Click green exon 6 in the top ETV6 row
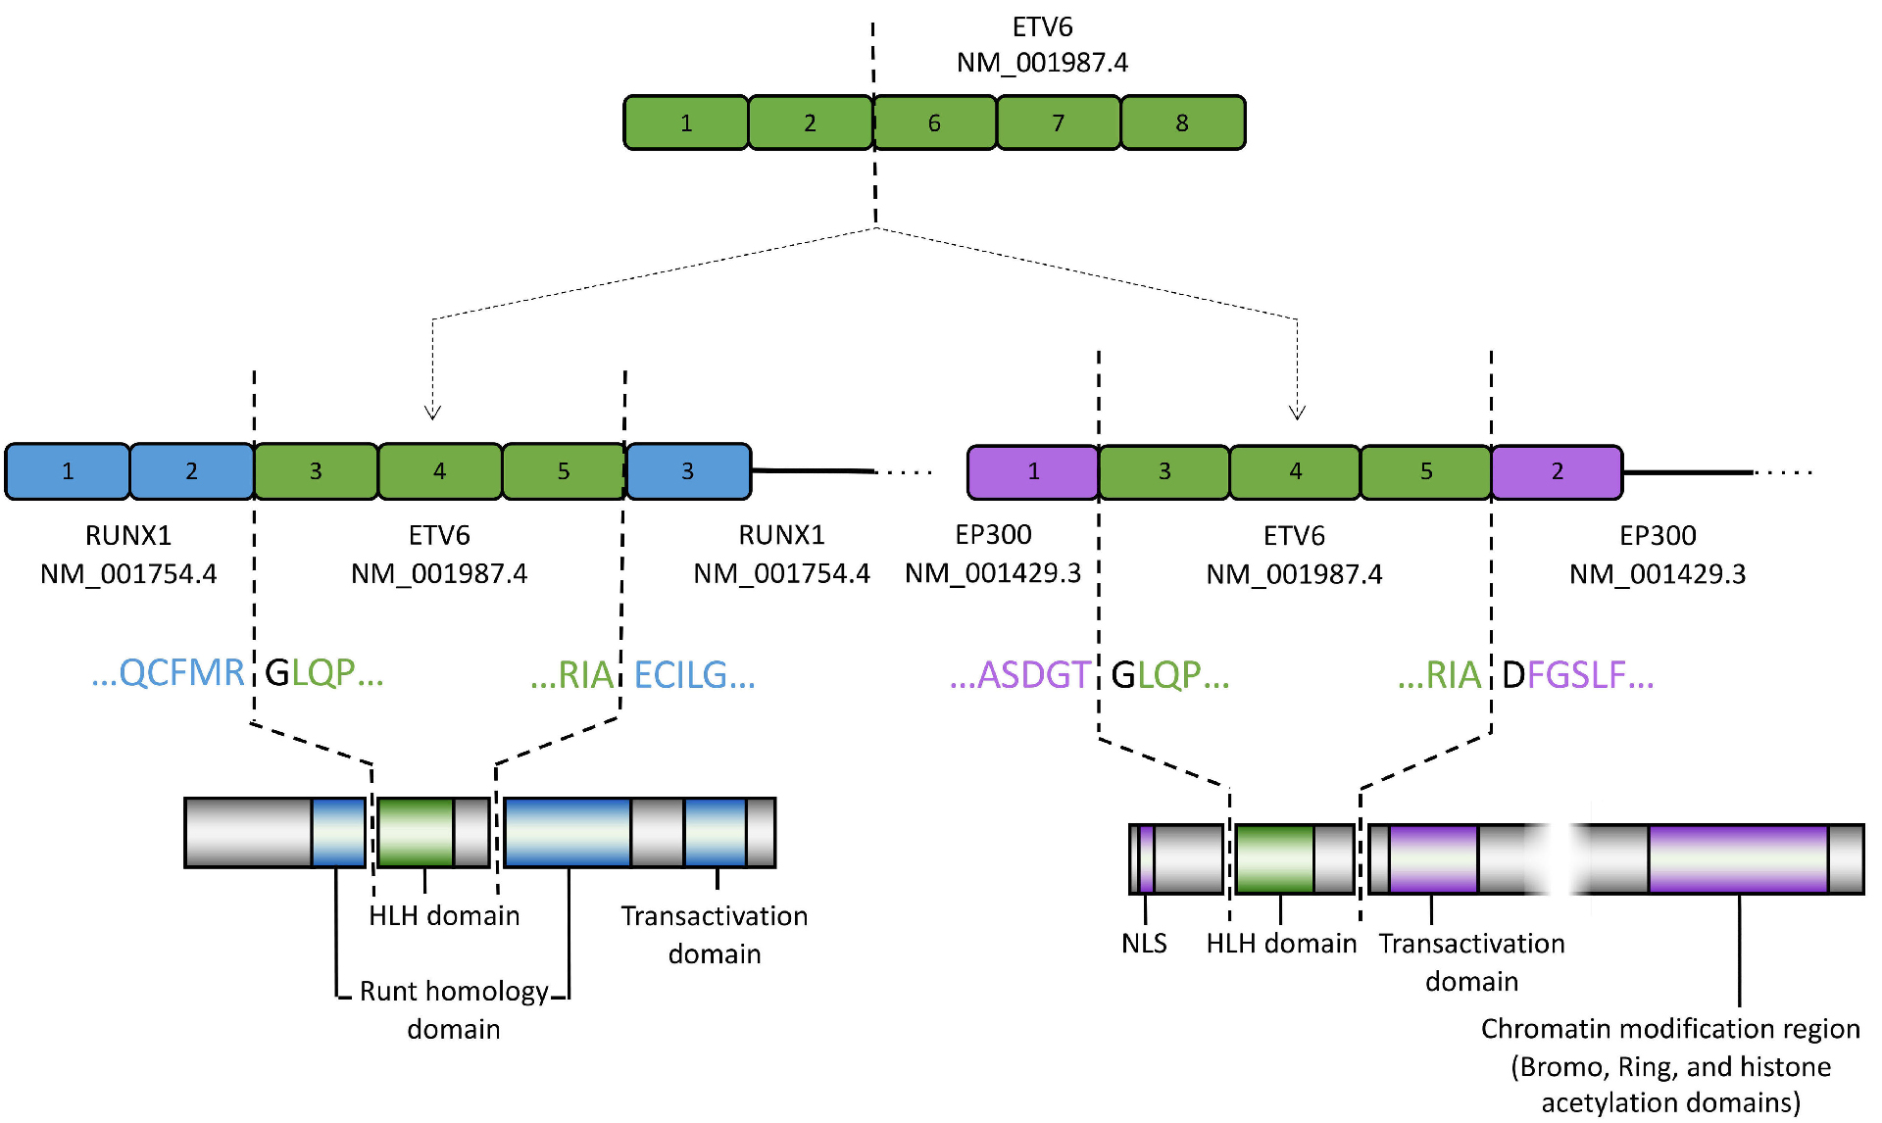pyautogui.click(x=934, y=122)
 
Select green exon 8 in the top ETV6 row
pyautogui.click(x=1182, y=122)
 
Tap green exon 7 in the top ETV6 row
pyautogui.click(x=1059, y=122)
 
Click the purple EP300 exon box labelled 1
pyautogui.click(x=1033, y=471)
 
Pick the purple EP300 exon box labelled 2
pyautogui.click(x=1557, y=471)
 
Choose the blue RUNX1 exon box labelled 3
pyautogui.click(x=688, y=471)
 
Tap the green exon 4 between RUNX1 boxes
pyautogui.click(x=439, y=471)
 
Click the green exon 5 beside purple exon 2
pyautogui.click(x=1426, y=471)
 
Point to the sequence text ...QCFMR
pyautogui.click(x=168, y=673)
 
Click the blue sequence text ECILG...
pyautogui.click(x=694, y=675)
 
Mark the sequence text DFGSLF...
pyautogui.click(x=1577, y=675)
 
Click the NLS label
pyautogui.click(x=1144, y=943)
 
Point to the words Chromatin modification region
pyautogui.click(x=1670, y=1028)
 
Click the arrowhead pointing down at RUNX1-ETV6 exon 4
pyautogui.click(x=432, y=412)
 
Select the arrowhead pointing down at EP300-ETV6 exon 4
pyautogui.click(x=1297, y=412)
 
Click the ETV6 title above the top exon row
pyautogui.click(x=1042, y=26)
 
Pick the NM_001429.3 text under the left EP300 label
pyautogui.click(x=992, y=573)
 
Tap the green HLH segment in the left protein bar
pyautogui.click(x=416, y=832)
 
